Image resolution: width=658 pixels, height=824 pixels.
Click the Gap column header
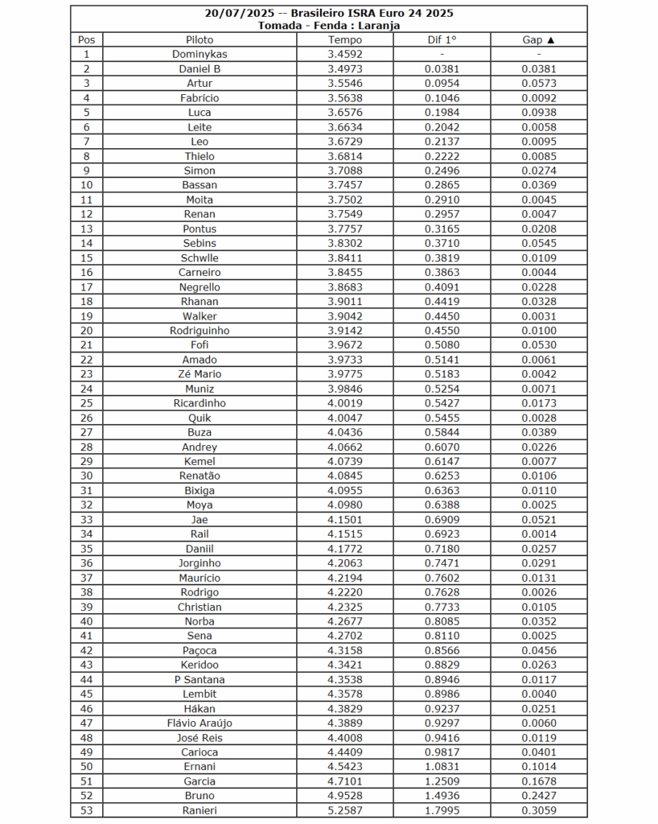click(x=539, y=39)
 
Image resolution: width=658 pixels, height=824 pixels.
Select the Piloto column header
click(x=199, y=39)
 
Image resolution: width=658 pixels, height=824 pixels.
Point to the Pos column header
click(x=86, y=39)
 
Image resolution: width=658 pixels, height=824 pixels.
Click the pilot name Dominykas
click(x=199, y=54)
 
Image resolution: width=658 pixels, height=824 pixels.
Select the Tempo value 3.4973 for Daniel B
click(x=345, y=69)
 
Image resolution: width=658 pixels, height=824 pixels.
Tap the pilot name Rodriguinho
click(x=199, y=331)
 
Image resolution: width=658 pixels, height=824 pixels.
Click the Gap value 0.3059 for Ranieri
click(x=539, y=810)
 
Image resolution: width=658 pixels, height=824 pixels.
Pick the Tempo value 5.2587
click(x=345, y=810)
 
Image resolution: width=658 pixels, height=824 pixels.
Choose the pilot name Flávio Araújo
click(x=199, y=723)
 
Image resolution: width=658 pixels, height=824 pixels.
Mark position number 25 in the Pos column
click(x=86, y=403)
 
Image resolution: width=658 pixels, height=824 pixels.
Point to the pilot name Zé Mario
click(x=199, y=374)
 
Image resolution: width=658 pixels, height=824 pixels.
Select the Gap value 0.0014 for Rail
click(x=539, y=534)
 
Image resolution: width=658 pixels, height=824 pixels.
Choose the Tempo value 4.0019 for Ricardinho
click(x=345, y=403)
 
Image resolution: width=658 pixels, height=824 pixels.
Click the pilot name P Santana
click(x=199, y=680)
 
